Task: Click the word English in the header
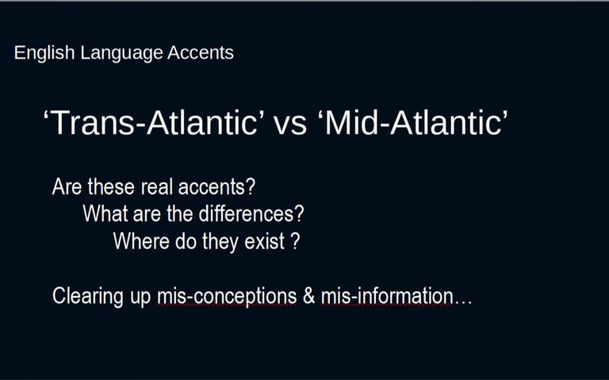(x=44, y=53)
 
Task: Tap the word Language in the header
(x=121, y=53)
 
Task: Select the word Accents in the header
(x=201, y=52)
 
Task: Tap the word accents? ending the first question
(x=216, y=187)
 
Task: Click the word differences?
(x=251, y=213)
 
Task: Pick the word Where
(x=141, y=241)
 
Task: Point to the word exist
(x=265, y=241)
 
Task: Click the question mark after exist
(x=295, y=241)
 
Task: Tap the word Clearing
(x=88, y=297)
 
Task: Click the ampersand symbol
(x=308, y=296)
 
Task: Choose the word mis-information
(x=387, y=296)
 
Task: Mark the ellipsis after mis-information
(x=463, y=302)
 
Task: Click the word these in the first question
(x=112, y=186)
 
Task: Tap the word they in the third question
(x=220, y=242)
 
